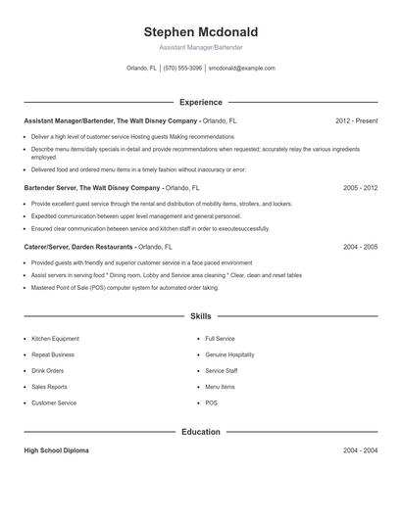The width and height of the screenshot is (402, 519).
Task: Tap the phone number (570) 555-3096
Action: [182, 69]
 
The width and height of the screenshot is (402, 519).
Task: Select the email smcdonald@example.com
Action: [242, 69]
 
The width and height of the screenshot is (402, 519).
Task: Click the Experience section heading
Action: [200, 102]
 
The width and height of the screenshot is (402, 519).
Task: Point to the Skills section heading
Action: [200, 317]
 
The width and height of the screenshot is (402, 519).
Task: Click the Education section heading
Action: [200, 431]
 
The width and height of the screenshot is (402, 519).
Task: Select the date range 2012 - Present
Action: [356, 120]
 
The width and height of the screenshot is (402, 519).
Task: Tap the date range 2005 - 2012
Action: [360, 187]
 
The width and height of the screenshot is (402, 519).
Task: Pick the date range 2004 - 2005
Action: [360, 247]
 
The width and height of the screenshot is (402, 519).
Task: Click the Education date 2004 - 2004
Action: [360, 450]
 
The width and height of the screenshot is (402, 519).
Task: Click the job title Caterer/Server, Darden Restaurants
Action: [77, 247]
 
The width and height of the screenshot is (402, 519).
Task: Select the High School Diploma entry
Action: [57, 450]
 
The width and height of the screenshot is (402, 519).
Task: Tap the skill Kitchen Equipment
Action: [56, 339]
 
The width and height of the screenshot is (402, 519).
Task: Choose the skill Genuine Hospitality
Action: [229, 354]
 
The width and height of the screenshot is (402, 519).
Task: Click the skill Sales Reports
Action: [50, 387]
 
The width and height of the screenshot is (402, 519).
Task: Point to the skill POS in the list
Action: [211, 402]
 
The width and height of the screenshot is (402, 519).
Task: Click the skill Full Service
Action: [220, 339]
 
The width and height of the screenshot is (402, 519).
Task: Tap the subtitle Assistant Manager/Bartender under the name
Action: [200, 47]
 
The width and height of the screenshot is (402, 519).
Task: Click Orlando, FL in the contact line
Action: [141, 69]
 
